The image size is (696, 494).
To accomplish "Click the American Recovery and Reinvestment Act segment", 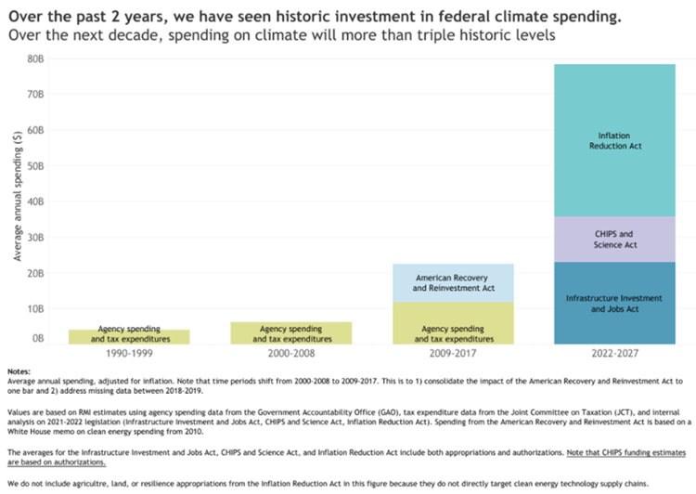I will [453, 282].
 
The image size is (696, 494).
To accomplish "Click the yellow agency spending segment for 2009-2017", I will [453, 323].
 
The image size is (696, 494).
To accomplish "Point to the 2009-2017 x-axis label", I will [453, 355].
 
